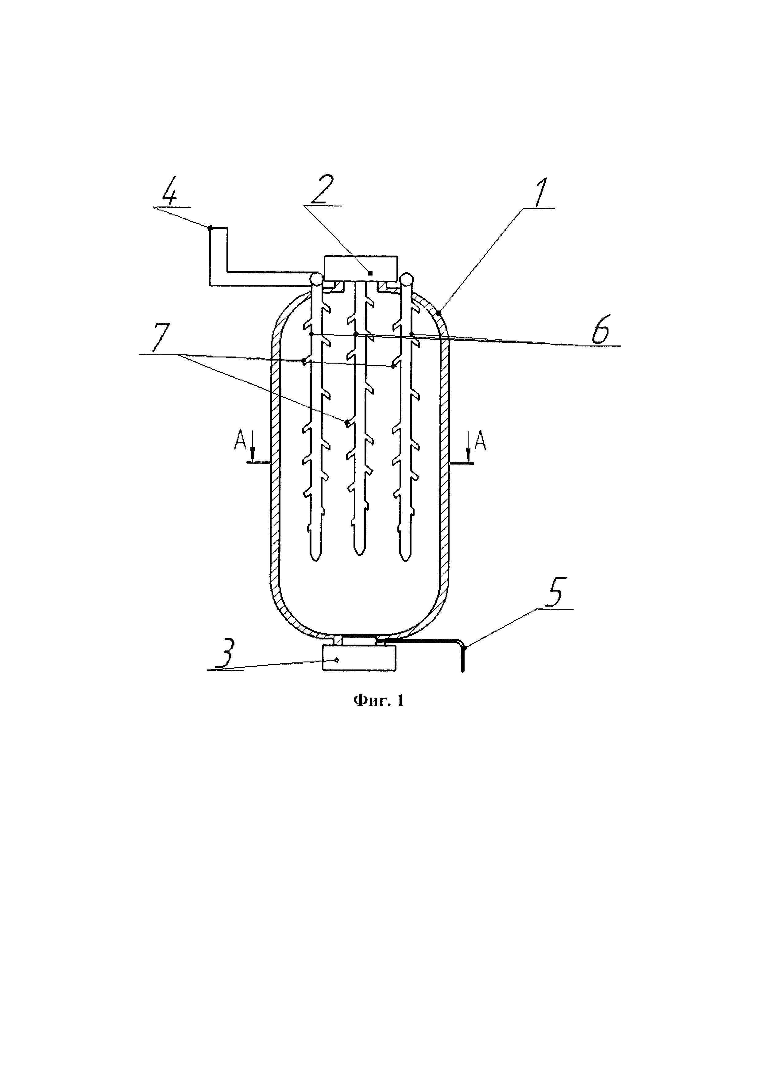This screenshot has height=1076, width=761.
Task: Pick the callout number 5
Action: click(556, 594)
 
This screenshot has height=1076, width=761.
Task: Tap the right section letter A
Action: click(480, 441)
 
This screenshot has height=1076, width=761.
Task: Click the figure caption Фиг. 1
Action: click(378, 714)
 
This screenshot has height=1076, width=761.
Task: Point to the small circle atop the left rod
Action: click(316, 279)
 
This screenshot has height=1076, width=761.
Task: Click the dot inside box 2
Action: click(370, 273)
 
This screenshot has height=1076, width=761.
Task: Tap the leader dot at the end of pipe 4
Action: click(210, 228)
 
